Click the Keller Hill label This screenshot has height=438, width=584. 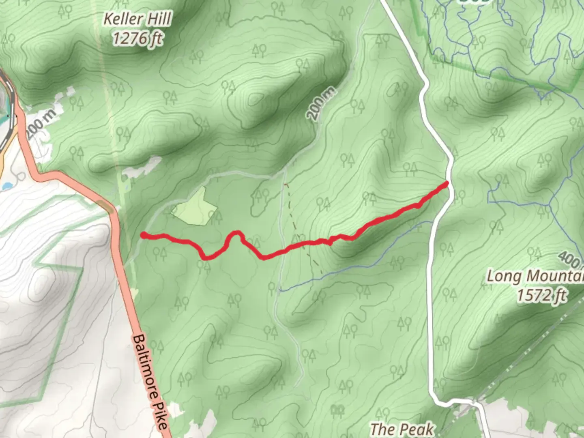click(x=137, y=19)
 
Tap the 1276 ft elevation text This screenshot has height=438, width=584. click(x=137, y=39)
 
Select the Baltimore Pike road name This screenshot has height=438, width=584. click(x=150, y=381)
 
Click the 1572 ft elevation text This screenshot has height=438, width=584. click(x=541, y=295)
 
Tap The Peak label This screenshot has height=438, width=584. click(x=401, y=429)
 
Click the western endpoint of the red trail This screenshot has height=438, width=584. click(x=143, y=234)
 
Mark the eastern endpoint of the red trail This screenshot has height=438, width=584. click(x=447, y=184)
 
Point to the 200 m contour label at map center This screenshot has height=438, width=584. click(x=321, y=104)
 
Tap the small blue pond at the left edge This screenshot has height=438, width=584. click(x=6, y=187)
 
